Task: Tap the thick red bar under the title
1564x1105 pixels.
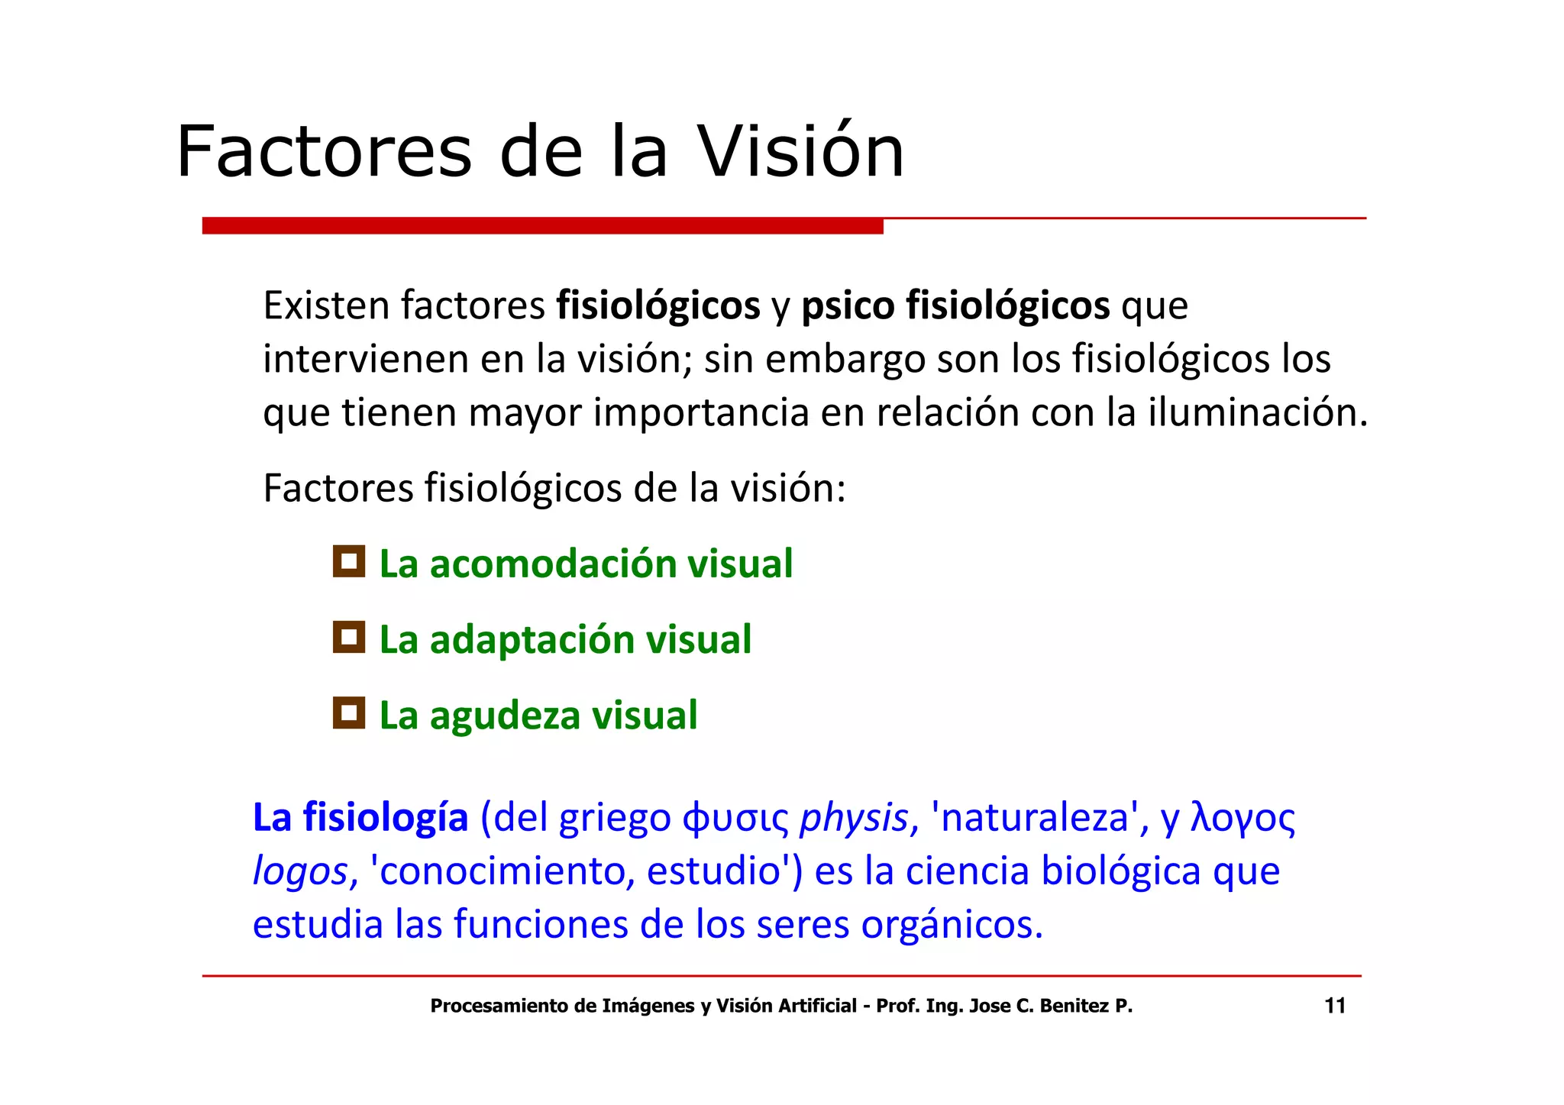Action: pyautogui.click(x=542, y=226)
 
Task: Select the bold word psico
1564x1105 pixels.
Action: pyautogui.click(x=848, y=306)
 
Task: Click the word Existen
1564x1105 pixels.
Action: pyautogui.click(x=327, y=305)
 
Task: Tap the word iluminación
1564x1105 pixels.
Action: pyautogui.click(x=1257, y=413)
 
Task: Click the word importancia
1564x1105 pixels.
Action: pyautogui.click(x=701, y=413)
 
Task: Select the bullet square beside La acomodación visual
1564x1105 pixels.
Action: pyautogui.click(x=349, y=561)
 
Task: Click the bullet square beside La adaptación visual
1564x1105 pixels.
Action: pyautogui.click(x=349, y=637)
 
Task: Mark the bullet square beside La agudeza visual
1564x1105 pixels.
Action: pyautogui.click(x=349, y=712)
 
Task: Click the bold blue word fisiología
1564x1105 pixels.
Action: pyautogui.click(x=385, y=818)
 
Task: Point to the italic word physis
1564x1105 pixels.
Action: pyautogui.click(x=853, y=819)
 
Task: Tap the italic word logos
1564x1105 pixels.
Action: pyautogui.click(x=300, y=872)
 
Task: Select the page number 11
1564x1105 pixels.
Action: pyautogui.click(x=1334, y=1006)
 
